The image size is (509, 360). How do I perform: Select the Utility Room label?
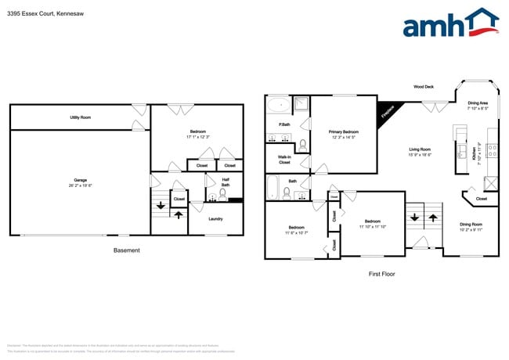coord(81,117)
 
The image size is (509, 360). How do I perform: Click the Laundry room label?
coord(215,218)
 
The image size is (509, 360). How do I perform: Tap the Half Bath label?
coord(226,182)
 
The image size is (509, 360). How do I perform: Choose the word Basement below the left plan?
coord(126,250)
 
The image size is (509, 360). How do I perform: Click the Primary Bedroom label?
coord(344,135)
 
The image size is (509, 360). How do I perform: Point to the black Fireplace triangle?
coord(386,111)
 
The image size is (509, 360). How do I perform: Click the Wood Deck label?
coord(424,86)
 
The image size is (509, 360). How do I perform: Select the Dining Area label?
coord(478,106)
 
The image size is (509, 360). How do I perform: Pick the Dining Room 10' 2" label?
coord(471,228)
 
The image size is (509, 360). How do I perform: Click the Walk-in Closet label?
coord(284,160)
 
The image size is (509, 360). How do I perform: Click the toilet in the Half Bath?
coord(222,196)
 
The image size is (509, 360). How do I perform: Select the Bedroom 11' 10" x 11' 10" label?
coord(372,224)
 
